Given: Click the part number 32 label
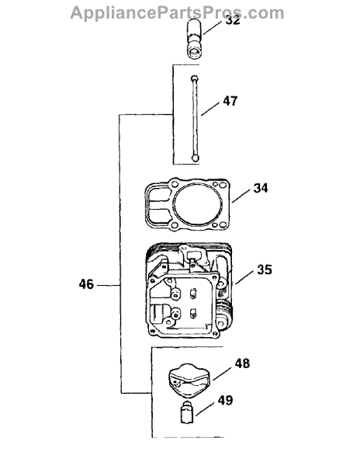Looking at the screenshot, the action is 233,20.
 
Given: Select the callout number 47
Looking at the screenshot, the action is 230,101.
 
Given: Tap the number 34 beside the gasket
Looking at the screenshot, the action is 261,188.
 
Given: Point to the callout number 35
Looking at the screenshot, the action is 265,270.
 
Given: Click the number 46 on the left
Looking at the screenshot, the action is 86,284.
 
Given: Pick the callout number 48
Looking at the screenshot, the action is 242,363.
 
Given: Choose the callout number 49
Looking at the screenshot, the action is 225,400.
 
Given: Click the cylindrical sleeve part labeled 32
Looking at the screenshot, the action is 195,39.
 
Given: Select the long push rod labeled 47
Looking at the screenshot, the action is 195,118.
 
